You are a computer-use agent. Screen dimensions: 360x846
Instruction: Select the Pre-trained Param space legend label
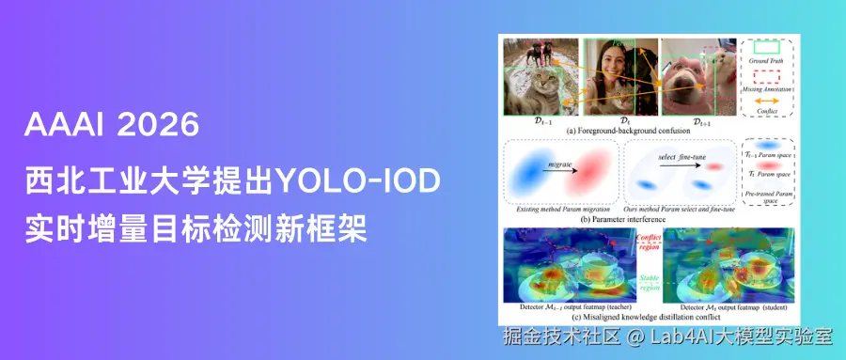[x=767, y=195]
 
